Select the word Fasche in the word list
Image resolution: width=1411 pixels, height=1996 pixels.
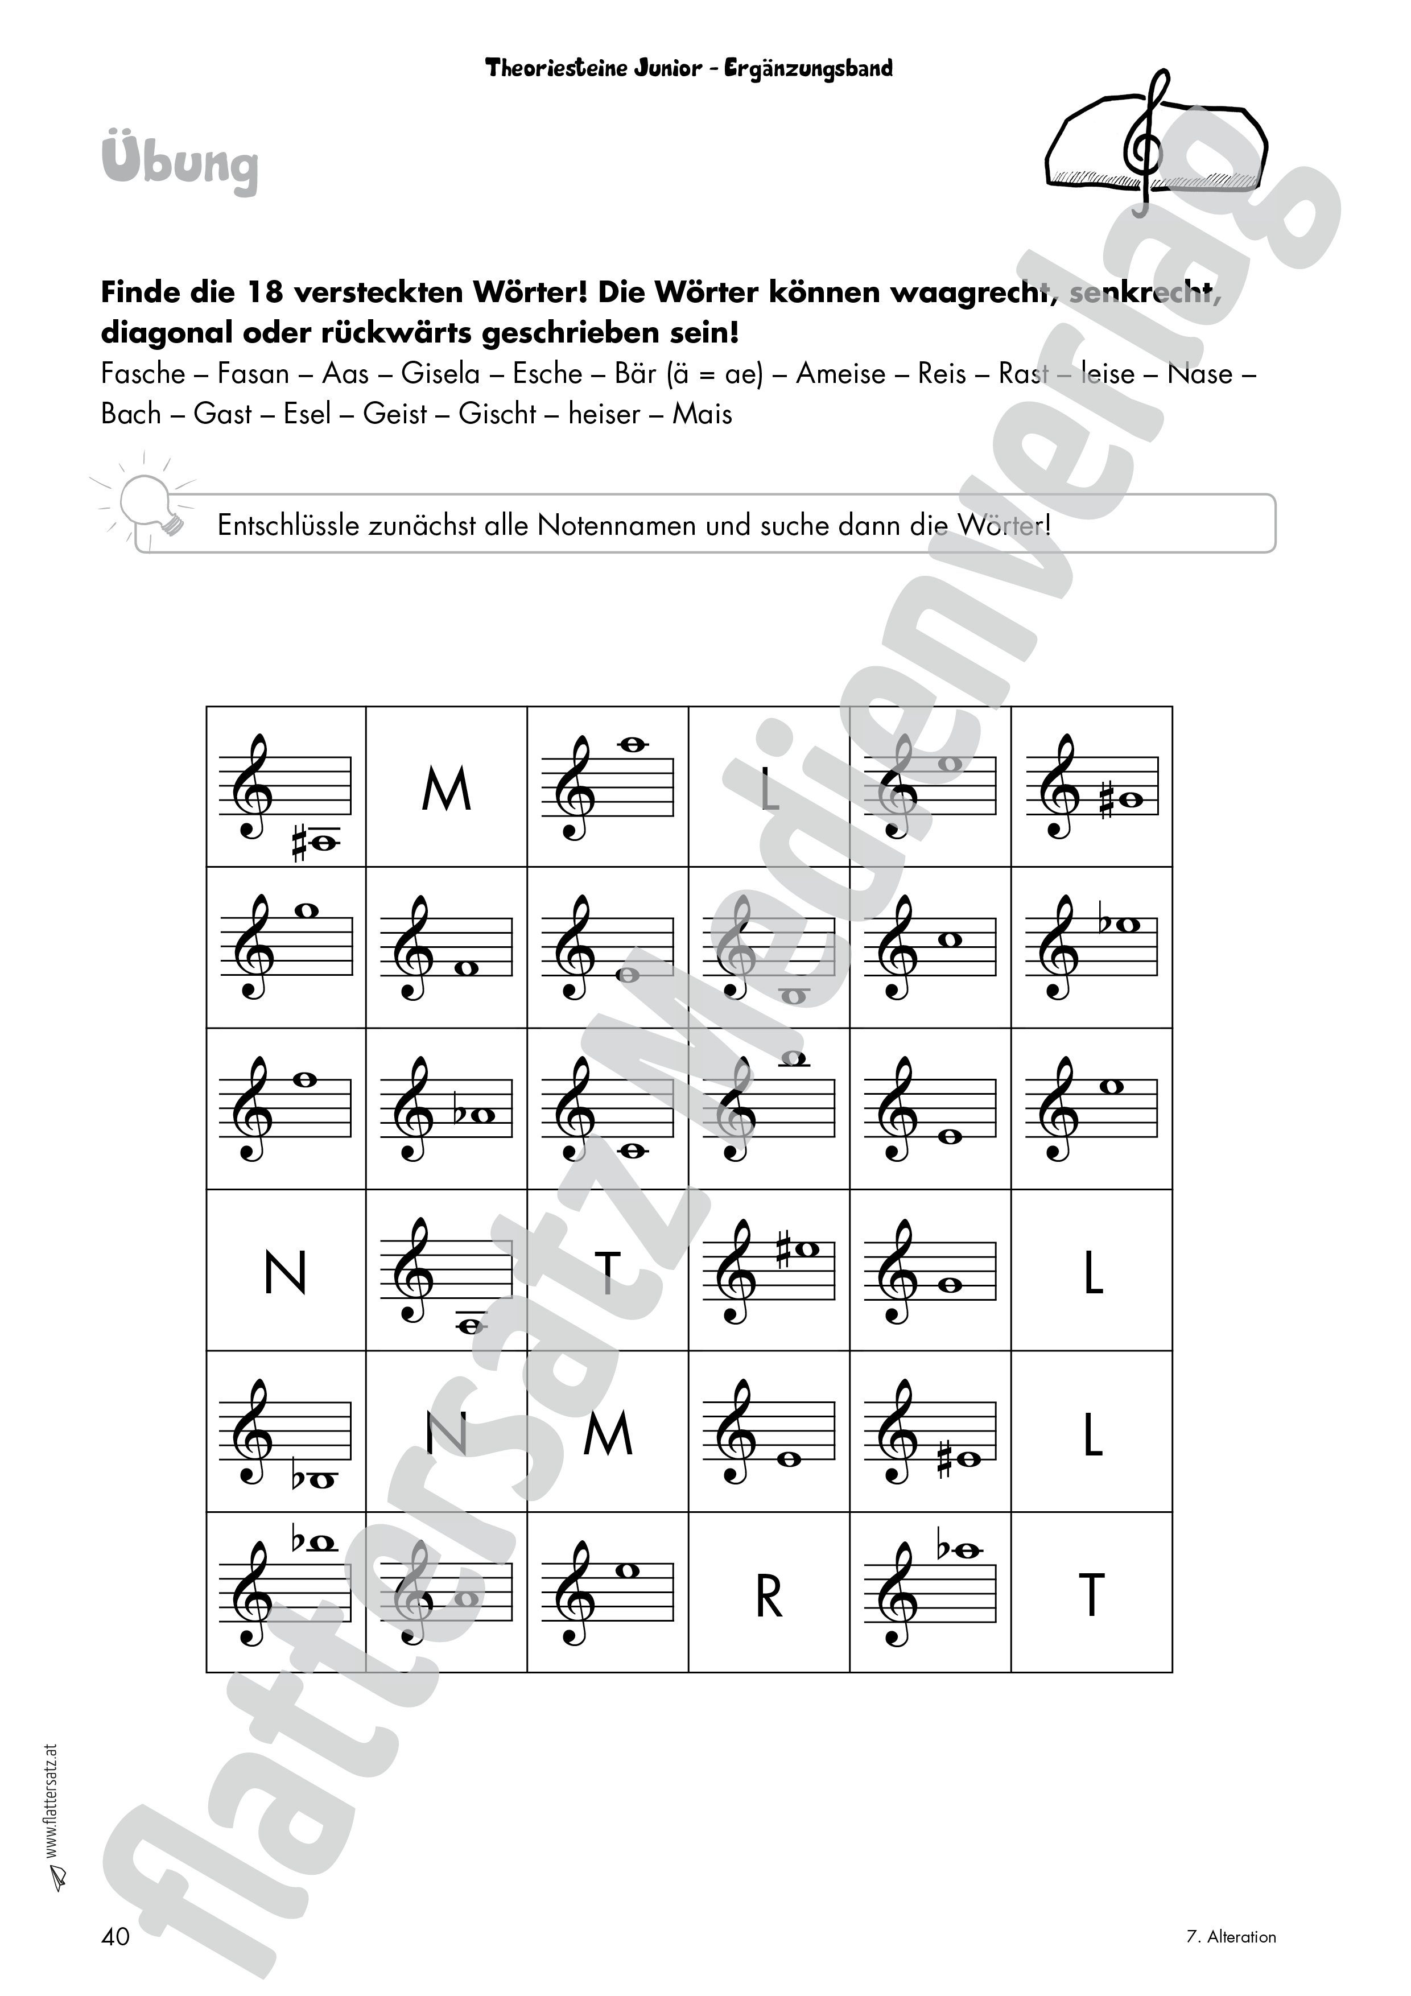point(143,374)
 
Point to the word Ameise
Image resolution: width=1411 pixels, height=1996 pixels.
point(841,374)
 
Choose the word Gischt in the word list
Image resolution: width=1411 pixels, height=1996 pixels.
point(497,414)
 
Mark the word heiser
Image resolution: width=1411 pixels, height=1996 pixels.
point(604,414)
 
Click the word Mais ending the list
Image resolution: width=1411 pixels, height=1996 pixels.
point(703,414)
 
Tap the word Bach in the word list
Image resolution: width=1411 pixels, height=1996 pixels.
point(131,414)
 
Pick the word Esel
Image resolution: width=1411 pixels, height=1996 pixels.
point(308,414)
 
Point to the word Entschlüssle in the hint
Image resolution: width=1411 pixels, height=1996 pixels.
point(287,526)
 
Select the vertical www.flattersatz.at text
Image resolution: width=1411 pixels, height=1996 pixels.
point(51,1803)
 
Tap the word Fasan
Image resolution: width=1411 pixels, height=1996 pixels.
point(253,374)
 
